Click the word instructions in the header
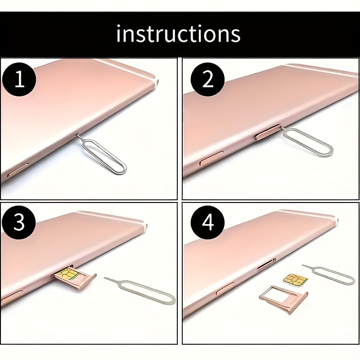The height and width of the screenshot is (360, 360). tap(178, 33)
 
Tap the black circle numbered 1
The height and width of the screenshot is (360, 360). tap(19, 79)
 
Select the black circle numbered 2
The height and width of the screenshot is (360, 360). tap(207, 79)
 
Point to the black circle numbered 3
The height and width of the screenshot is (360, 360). tap(19, 222)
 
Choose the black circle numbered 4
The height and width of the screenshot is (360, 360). tap(208, 222)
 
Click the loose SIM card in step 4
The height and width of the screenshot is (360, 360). tap(295, 280)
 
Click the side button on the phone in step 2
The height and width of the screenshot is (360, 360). tap(211, 158)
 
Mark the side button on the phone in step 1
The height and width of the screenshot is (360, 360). tap(18, 170)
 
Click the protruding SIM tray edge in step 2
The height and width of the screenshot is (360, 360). tap(267, 132)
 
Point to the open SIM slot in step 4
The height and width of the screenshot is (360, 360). tap(266, 265)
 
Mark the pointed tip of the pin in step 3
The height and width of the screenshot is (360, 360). tap(105, 278)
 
